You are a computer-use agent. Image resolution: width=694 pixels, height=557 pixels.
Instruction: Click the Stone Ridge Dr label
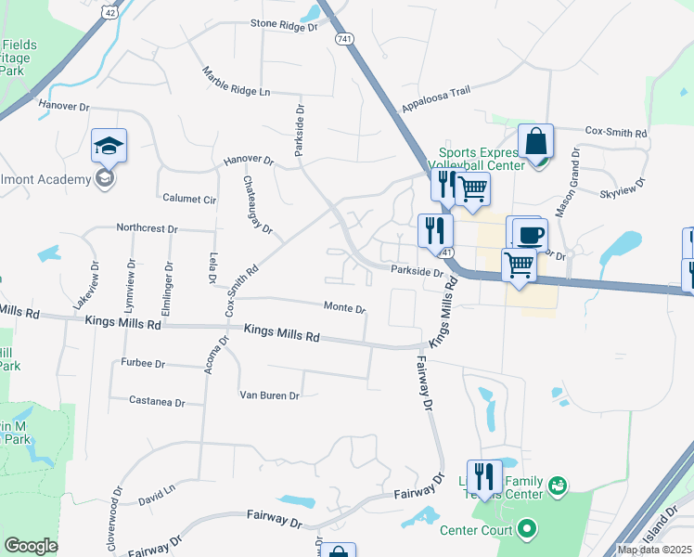coord(284,26)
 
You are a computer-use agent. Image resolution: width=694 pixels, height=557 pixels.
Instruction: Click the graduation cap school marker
coord(109,146)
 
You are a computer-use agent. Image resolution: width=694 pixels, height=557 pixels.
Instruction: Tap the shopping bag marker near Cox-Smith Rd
coord(535,141)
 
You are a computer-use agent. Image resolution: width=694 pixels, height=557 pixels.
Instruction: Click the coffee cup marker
coord(530,235)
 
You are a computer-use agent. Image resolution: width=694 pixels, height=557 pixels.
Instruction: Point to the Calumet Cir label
coord(189,199)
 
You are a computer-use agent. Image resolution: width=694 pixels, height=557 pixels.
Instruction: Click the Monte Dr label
coord(344,307)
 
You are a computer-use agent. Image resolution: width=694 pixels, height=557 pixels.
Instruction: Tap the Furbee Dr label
coord(142,364)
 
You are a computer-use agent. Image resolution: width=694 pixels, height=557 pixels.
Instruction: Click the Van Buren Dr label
coord(268,395)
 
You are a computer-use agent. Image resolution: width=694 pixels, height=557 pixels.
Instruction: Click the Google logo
coord(31,546)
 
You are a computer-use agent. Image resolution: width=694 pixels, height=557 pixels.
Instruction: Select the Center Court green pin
coord(527,530)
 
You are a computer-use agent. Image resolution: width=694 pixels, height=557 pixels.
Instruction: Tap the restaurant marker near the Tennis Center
coord(483,477)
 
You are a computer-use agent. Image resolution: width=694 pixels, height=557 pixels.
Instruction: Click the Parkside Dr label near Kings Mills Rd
coord(417,272)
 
